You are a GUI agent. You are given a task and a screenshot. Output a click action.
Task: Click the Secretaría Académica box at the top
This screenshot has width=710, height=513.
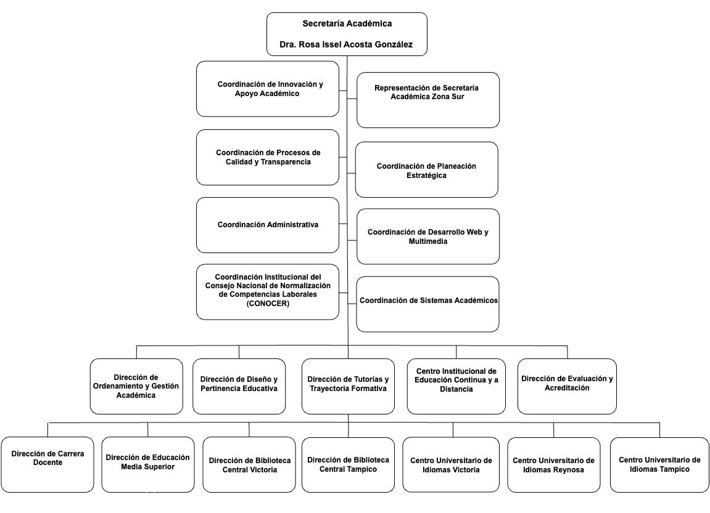[347, 34]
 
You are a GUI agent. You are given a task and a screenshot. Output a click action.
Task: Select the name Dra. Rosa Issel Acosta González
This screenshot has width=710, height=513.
[346, 44]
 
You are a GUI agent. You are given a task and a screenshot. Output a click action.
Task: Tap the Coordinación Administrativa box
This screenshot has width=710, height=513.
[268, 225]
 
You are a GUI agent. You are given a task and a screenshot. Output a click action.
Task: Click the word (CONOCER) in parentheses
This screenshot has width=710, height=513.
[268, 303]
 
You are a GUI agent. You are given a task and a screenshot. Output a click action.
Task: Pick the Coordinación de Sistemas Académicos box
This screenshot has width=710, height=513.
[428, 304]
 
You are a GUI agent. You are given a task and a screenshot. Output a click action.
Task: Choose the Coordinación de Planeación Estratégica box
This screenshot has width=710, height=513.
[426, 169]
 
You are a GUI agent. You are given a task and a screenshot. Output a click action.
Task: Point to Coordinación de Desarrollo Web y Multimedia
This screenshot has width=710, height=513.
[428, 236]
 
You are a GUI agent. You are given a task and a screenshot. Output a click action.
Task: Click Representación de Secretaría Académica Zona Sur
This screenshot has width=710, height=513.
[428, 100]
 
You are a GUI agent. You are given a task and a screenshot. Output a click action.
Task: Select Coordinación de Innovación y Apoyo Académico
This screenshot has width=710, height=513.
[268, 89]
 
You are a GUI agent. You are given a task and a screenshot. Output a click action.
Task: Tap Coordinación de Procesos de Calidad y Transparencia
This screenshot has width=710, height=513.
[268, 157]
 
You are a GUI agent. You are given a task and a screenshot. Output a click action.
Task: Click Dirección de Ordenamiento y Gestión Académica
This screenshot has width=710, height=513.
[136, 387]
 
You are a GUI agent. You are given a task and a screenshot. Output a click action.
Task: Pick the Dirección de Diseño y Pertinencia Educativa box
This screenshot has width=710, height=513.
[239, 387]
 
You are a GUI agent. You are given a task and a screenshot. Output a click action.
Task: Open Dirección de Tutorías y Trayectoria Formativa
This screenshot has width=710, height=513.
[348, 387]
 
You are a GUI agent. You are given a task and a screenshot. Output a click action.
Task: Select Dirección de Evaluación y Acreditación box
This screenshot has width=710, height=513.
[567, 387]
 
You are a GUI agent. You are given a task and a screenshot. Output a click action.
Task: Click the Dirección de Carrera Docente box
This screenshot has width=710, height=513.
[47, 464]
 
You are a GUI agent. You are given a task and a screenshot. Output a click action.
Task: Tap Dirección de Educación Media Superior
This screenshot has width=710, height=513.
[148, 464]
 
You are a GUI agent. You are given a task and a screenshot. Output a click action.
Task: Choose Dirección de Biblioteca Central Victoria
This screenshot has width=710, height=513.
[249, 464]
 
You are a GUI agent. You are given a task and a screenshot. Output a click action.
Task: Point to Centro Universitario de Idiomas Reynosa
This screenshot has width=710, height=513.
[554, 464]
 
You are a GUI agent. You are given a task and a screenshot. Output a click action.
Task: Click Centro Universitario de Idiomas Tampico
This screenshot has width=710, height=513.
[660, 464]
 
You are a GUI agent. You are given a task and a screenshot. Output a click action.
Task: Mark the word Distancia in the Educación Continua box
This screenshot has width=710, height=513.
[456, 389]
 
